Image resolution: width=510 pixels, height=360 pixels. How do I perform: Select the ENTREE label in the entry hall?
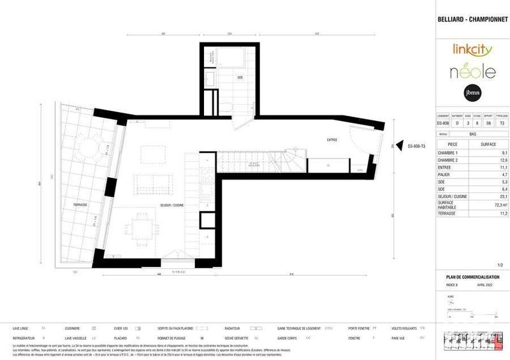click(332, 140)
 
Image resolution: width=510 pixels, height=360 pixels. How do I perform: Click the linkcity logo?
click(472, 48)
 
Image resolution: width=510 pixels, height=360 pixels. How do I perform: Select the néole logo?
click(472, 71)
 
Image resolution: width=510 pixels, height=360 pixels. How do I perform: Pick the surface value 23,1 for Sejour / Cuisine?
click(503, 197)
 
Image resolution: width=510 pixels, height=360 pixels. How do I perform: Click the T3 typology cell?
click(502, 122)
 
